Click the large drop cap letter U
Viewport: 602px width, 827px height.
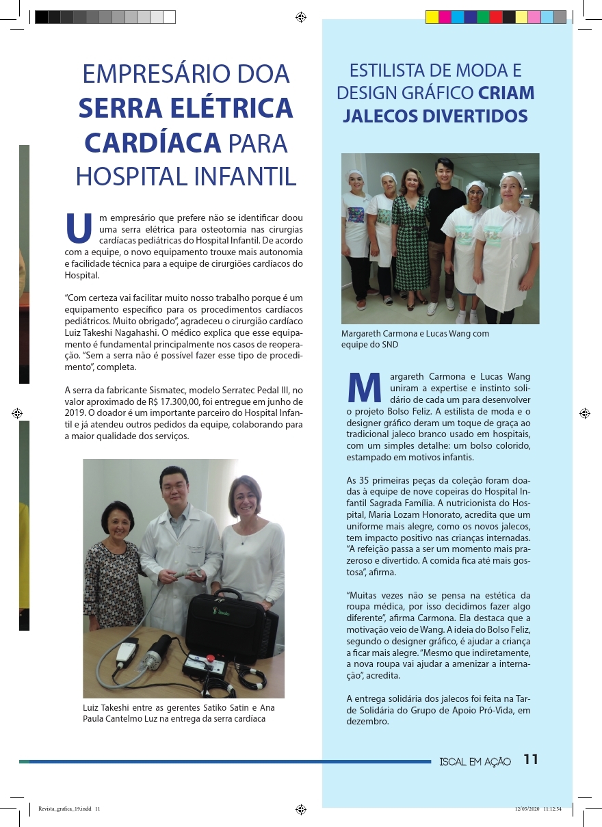pos(79,229)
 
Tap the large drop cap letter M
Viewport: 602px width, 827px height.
pos(365,389)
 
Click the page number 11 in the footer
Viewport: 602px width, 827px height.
pos(531,759)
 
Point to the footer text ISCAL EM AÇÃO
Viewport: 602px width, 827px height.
pos(475,761)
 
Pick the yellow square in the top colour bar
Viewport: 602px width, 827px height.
pos(432,17)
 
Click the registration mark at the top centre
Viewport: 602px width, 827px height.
pos(300,17)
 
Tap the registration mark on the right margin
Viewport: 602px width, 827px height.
pos(584,414)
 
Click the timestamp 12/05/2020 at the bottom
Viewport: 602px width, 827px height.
pos(527,809)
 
